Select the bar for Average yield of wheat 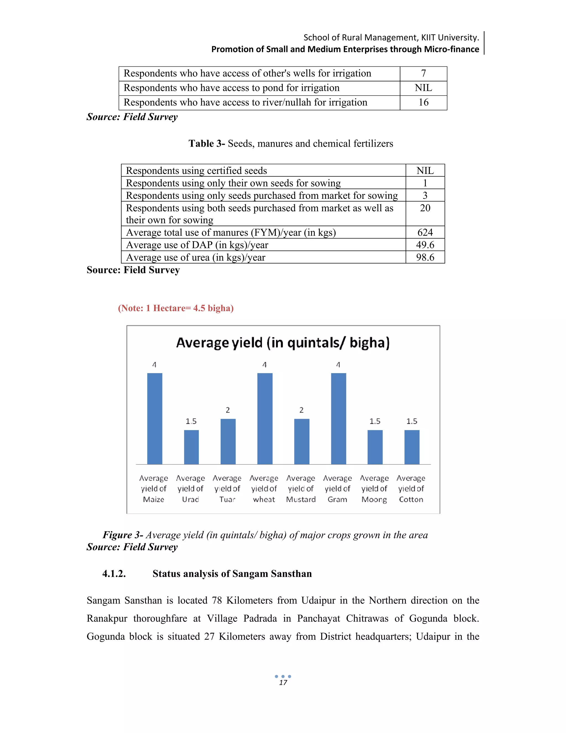[265, 419]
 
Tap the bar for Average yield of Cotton [412, 447]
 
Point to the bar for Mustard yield [302, 441]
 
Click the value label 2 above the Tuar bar [228, 410]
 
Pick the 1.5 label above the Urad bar [191, 421]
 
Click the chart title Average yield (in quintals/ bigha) [283, 343]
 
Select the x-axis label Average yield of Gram [337, 489]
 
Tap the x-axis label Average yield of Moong [374, 489]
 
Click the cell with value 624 [425, 232]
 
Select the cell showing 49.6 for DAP [425, 245]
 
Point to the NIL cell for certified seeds [425, 170]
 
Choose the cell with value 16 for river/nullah [423, 102]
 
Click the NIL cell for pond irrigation [423, 88]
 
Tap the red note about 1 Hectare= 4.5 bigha [176, 308]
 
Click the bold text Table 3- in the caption [206, 144]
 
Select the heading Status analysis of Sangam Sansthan [232, 574]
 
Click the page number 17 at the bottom [283, 683]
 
